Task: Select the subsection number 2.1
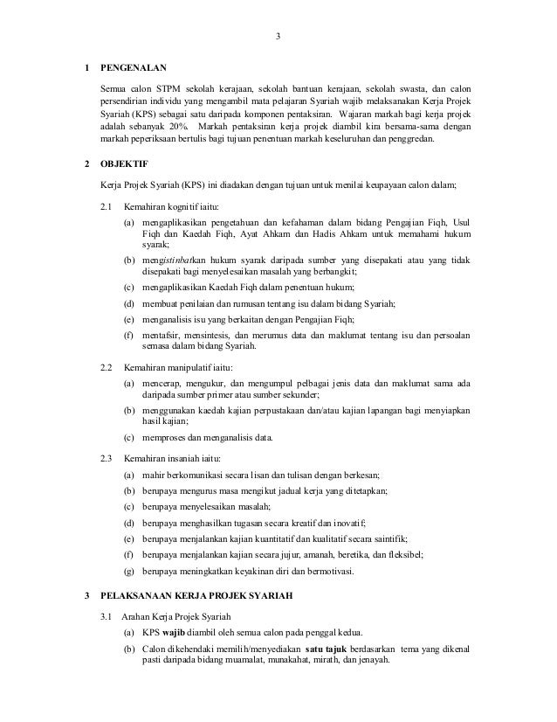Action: click(107, 207)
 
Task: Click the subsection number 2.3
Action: click(107, 457)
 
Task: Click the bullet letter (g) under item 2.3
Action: click(128, 571)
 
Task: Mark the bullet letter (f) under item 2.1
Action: click(128, 335)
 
